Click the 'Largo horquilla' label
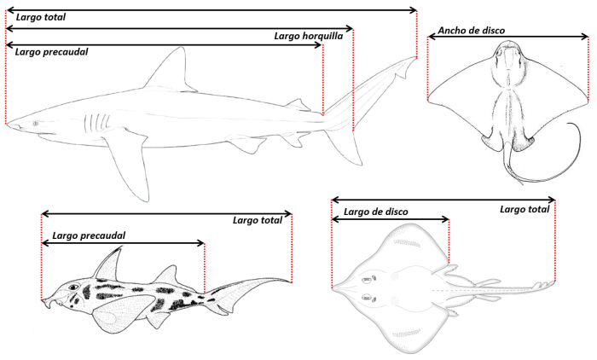[309, 36]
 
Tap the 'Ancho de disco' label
[472, 31]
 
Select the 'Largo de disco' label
[375, 212]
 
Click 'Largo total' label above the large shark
[41, 17]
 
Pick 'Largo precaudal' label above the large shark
[51, 51]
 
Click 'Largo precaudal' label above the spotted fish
[89, 235]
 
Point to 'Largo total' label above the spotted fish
[257, 220]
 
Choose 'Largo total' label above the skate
[525, 209]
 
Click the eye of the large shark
[36, 125]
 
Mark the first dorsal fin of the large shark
[171, 70]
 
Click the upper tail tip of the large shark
[414, 60]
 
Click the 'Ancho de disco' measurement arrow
[508, 37]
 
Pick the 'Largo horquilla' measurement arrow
[179, 28]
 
